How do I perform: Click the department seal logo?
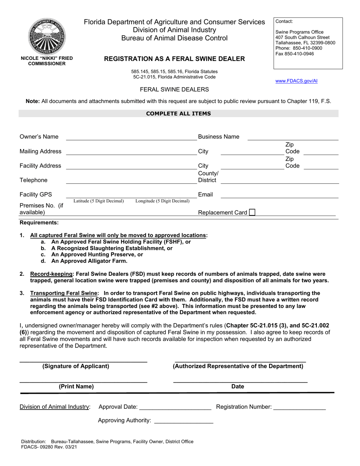pyautogui.click(x=47, y=36)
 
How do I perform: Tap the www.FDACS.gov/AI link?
pyautogui.click(x=296, y=81)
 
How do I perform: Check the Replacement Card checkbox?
pyautogui.click(x=252, y=213)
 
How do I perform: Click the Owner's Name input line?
pyautogui.click(x=131, y=139)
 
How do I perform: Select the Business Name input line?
pyautogui.click(x=293, y=139)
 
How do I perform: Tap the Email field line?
pyautogui.click(x=279, y=197)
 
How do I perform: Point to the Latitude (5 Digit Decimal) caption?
pyautogui.click(x=99, y=201)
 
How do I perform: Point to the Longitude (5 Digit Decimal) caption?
pyautogui.click(x=163, y=201)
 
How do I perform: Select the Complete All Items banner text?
pyautogui.click(x=178, y=114)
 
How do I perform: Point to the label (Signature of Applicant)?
pyautogui.click(x=76, y=366)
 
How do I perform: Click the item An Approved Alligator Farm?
pyautogui.click(x=89, y=261)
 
